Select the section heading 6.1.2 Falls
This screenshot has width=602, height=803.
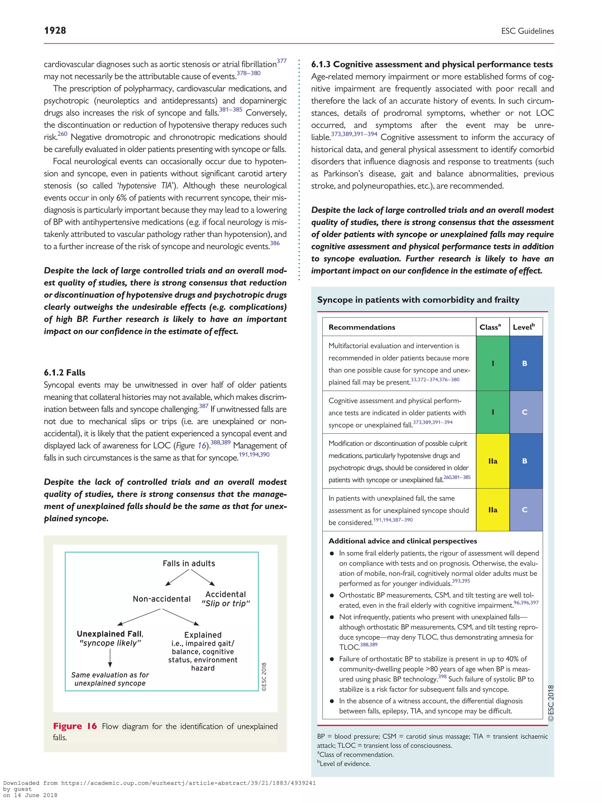[65, 373]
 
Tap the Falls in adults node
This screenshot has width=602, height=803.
[189, 563]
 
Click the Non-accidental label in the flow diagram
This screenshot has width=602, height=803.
[161, 599]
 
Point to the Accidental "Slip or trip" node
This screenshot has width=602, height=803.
[226, 599]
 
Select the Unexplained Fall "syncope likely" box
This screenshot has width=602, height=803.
[110, 638]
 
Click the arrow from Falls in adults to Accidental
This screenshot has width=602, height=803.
[203, 577]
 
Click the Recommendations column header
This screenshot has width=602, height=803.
[362, 327]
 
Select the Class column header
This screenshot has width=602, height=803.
[490, 327]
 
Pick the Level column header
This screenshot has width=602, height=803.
[524, 327]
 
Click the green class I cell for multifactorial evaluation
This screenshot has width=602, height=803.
[492, 363]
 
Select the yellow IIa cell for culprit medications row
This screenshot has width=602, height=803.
[492, 461]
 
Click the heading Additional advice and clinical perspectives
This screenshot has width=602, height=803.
[402, 541]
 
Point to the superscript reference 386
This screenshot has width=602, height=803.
[275, 243]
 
